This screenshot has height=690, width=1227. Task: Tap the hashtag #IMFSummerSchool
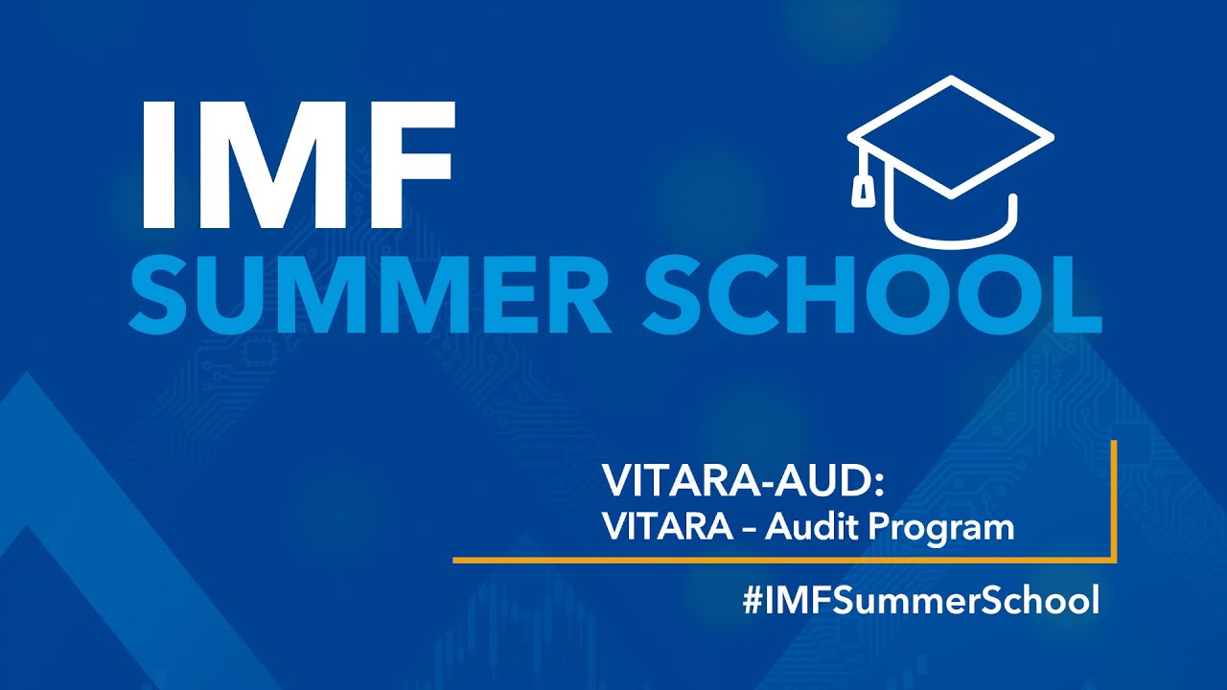click(920, 601)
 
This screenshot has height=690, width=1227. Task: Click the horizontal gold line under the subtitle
click(767, 559)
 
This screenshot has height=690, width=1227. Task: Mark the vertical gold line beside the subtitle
click(1115, 498)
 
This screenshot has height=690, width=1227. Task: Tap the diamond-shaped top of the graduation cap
click(950, 134)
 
